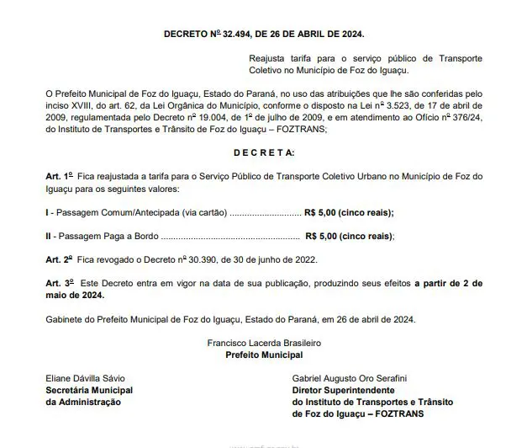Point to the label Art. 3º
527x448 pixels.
pyautogui.click(x=59, y=285)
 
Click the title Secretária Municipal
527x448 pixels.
pyautogui.click(x=89, y=391)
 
